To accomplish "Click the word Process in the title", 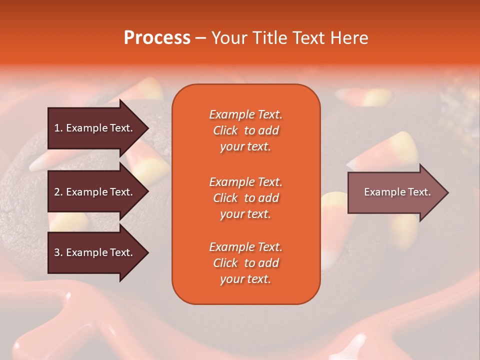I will pos(157,37).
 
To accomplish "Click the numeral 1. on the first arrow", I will pos(58,128).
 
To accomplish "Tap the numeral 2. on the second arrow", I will pos(58,192).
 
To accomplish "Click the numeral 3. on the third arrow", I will pos(58,252).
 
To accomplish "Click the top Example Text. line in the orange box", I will pos(245,114).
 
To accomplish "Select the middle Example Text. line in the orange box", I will pos(245,182).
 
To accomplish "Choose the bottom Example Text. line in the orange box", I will pos(245,247).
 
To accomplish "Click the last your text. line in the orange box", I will pos(245,279).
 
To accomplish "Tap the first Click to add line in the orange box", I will pos(245,130).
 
